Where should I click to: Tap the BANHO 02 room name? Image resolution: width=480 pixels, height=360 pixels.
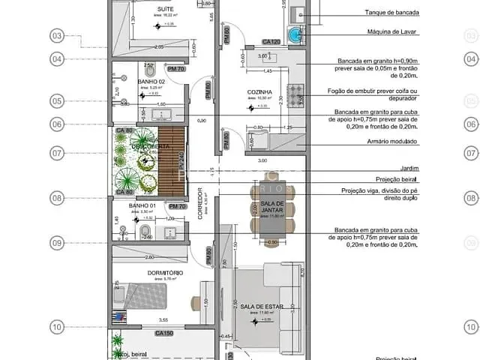(x=151, y=82)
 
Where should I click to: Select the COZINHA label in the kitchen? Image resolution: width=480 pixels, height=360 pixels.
(x=259, y=92)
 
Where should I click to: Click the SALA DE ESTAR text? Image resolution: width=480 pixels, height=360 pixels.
(x=259, y=306)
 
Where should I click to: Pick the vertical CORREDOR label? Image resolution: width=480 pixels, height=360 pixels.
(x=200, y=202)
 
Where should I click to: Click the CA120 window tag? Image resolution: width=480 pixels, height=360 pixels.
(x=271, y=42)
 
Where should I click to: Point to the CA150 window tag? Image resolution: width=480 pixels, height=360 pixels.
(x=164, y=332)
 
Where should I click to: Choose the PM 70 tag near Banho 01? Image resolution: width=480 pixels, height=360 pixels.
(x=177, y=206)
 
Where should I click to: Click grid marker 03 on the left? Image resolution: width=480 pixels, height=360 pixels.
(x=57, y=35)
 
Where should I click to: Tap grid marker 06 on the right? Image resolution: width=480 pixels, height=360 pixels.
(x=471, y=125)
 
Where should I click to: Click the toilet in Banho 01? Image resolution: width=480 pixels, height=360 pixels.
(x=147, y=229)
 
